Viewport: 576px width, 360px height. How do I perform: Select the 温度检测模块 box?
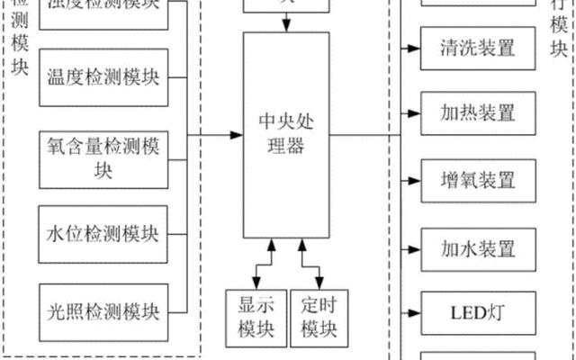[x=103, y=76]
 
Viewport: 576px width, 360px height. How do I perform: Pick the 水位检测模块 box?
[x=103, y=235]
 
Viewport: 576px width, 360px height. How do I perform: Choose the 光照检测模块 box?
[x=103, y=312]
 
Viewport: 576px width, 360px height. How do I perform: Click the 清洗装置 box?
[x=478, y=47]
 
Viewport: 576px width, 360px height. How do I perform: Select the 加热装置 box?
[x=478, y=114]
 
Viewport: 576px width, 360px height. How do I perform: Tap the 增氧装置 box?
[x=478, y=180]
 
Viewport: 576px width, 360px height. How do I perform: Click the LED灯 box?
[x=478, y=313]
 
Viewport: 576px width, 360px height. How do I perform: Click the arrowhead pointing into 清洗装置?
[x=415, y=47]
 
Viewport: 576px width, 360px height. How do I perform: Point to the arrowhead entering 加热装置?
[x=415, y=114]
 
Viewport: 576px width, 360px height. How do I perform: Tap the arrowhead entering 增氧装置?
[x=415, y=180]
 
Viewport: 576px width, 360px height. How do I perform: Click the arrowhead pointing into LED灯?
[x=415, y=313]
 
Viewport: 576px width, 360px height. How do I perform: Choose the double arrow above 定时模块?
[x=307, y=261]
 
